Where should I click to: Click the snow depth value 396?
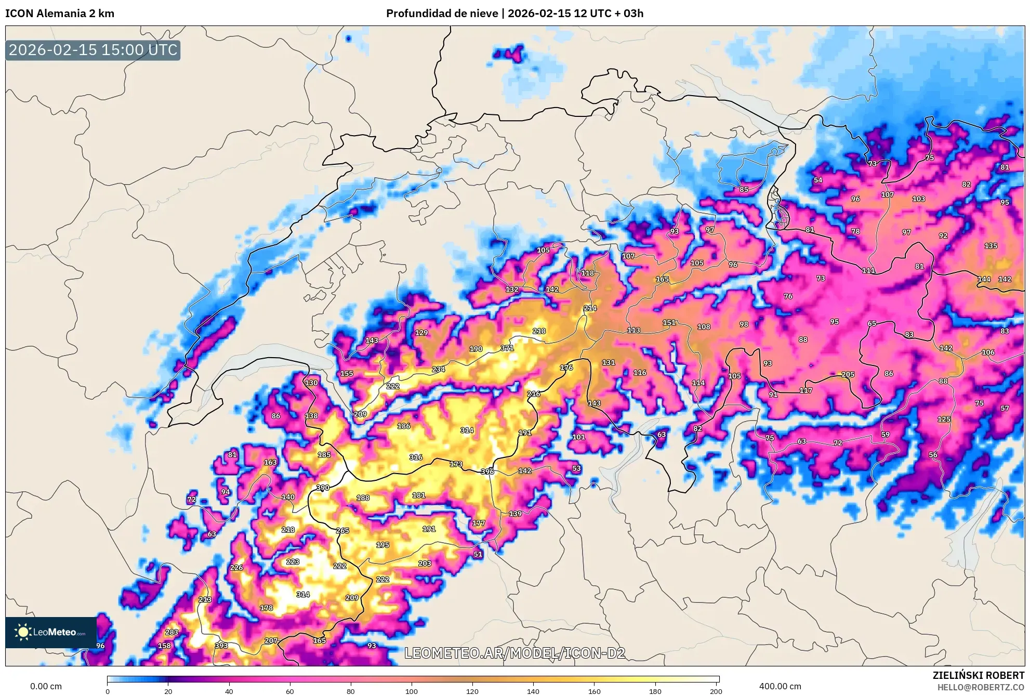pos(487,471)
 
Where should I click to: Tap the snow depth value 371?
pos(507,348)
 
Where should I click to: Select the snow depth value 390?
pos(323,488)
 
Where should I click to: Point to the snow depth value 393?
pos(221,646)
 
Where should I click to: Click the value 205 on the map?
pos(848,374)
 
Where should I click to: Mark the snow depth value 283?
pos(171,632)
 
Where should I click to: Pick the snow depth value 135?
pos(991,246)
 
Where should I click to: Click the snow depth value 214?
pos(590,308)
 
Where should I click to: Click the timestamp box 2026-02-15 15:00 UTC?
pos(93,50)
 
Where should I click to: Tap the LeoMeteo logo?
pos(51,632)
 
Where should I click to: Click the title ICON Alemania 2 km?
pos(60,14)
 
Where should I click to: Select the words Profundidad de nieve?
pos(442,14)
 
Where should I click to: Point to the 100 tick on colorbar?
pos(412,691)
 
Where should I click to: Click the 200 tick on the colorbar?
pos(716,691)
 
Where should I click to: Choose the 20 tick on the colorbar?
pos(168,691)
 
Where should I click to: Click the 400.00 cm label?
pos(780,686)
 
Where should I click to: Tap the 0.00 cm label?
pos(46,686)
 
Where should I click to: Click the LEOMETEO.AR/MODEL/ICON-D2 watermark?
pos(514,653)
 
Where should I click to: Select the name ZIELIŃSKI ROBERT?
pos(978,675)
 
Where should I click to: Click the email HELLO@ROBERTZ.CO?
pos(981,687)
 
